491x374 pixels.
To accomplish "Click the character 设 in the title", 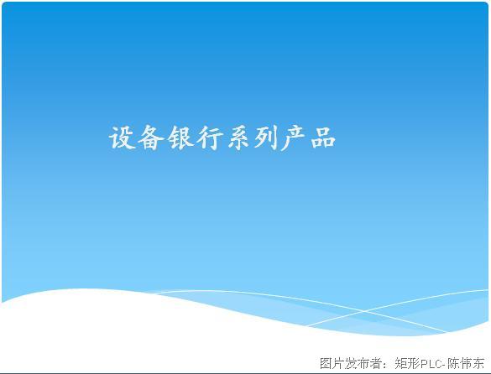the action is tap(122, 138).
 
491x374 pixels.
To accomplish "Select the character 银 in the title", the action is tap(180, 138).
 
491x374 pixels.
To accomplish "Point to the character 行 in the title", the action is tap(209, 138).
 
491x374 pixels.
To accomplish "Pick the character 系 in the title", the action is tap(238, 138).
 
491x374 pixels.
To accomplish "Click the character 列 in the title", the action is tap(266, 138).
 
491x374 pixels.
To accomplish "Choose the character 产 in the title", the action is tap(294, 138).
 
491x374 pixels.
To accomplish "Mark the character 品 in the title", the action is tap(323, 138).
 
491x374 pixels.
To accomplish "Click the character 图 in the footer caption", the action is tap(326, 363).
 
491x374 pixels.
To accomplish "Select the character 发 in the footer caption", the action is tap(351, 363).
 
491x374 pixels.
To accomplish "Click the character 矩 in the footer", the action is tap(401, 363).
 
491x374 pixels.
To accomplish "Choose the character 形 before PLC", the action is tap(414, 363).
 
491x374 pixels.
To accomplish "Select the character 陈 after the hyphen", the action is tap(452, 363).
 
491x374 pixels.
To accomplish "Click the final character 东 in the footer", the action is tap(478, 363).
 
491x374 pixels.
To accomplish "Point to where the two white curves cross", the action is tap(364, 311).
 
